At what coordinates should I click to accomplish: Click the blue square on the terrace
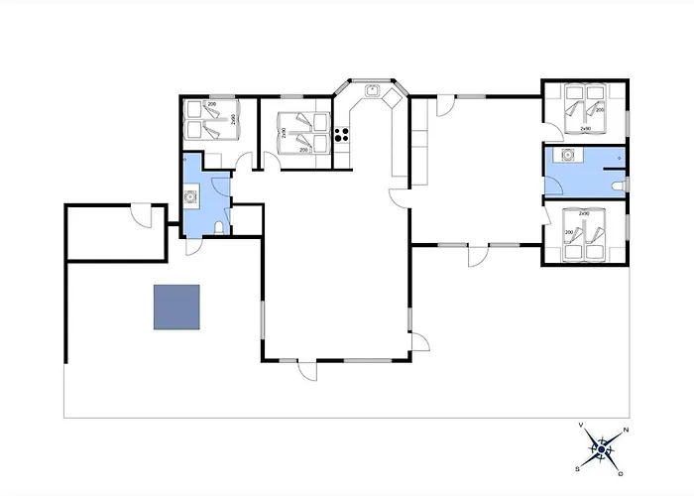tap(176, 307)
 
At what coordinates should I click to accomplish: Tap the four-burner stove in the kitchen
tap(342, 134)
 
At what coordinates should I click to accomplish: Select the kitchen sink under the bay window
tap(372, 91)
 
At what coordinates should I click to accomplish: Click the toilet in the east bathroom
tap(619, 186)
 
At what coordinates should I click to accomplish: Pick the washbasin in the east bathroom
tap(568, 156)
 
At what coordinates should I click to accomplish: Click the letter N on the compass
tap(624, 431)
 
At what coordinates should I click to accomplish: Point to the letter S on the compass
tap(577, 469)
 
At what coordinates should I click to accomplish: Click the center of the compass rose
tap(601, 449)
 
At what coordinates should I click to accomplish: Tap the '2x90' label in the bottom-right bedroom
tap(584, 213)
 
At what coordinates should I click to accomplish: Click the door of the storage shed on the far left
tap(143, 214)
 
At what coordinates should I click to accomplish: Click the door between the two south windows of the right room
tap(478, 254)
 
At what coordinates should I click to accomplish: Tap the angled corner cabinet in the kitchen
tap(394, 99)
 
